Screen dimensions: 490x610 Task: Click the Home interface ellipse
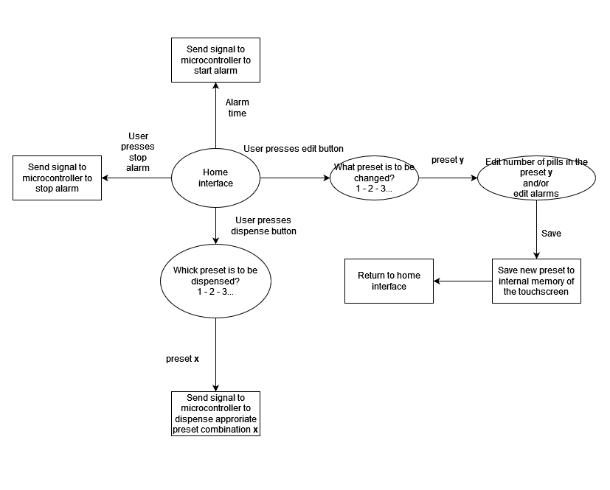(215, 178)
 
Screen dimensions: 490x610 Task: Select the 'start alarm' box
(215, 60)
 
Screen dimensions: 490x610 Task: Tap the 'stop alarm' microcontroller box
(57, 178)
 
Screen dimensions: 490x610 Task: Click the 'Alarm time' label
(237, 108)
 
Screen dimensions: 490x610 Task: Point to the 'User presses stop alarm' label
(138, 152)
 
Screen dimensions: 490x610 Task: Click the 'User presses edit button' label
(293, 149)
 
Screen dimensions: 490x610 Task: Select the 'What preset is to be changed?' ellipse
(374, 178)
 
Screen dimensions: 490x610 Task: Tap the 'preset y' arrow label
(448, 159)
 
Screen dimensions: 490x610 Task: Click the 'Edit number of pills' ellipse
(536, 178)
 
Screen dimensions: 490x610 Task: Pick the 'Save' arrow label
(551, 233)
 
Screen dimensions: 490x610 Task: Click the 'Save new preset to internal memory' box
(536, 281)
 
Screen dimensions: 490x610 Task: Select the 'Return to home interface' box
(389, 281)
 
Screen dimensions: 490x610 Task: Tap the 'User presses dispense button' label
(264, 225)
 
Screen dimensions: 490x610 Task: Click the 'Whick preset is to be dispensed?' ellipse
(215, 281)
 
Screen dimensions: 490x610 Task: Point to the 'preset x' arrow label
(182, 359)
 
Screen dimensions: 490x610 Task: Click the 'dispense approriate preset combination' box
(215, 413)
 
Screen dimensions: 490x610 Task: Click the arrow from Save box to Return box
(462, 281)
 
